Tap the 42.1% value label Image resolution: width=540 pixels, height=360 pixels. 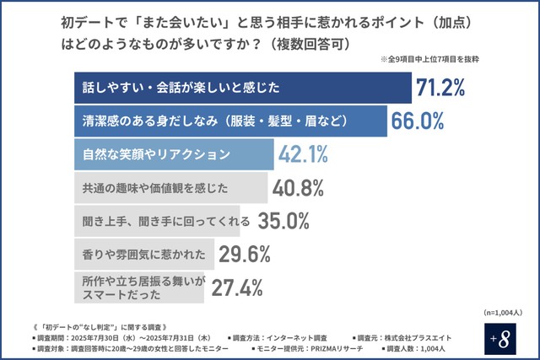pos(304,155)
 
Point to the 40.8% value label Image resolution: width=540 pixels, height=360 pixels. pos(297,188)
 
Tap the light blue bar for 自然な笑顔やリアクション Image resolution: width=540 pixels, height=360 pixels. pos(169,155)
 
